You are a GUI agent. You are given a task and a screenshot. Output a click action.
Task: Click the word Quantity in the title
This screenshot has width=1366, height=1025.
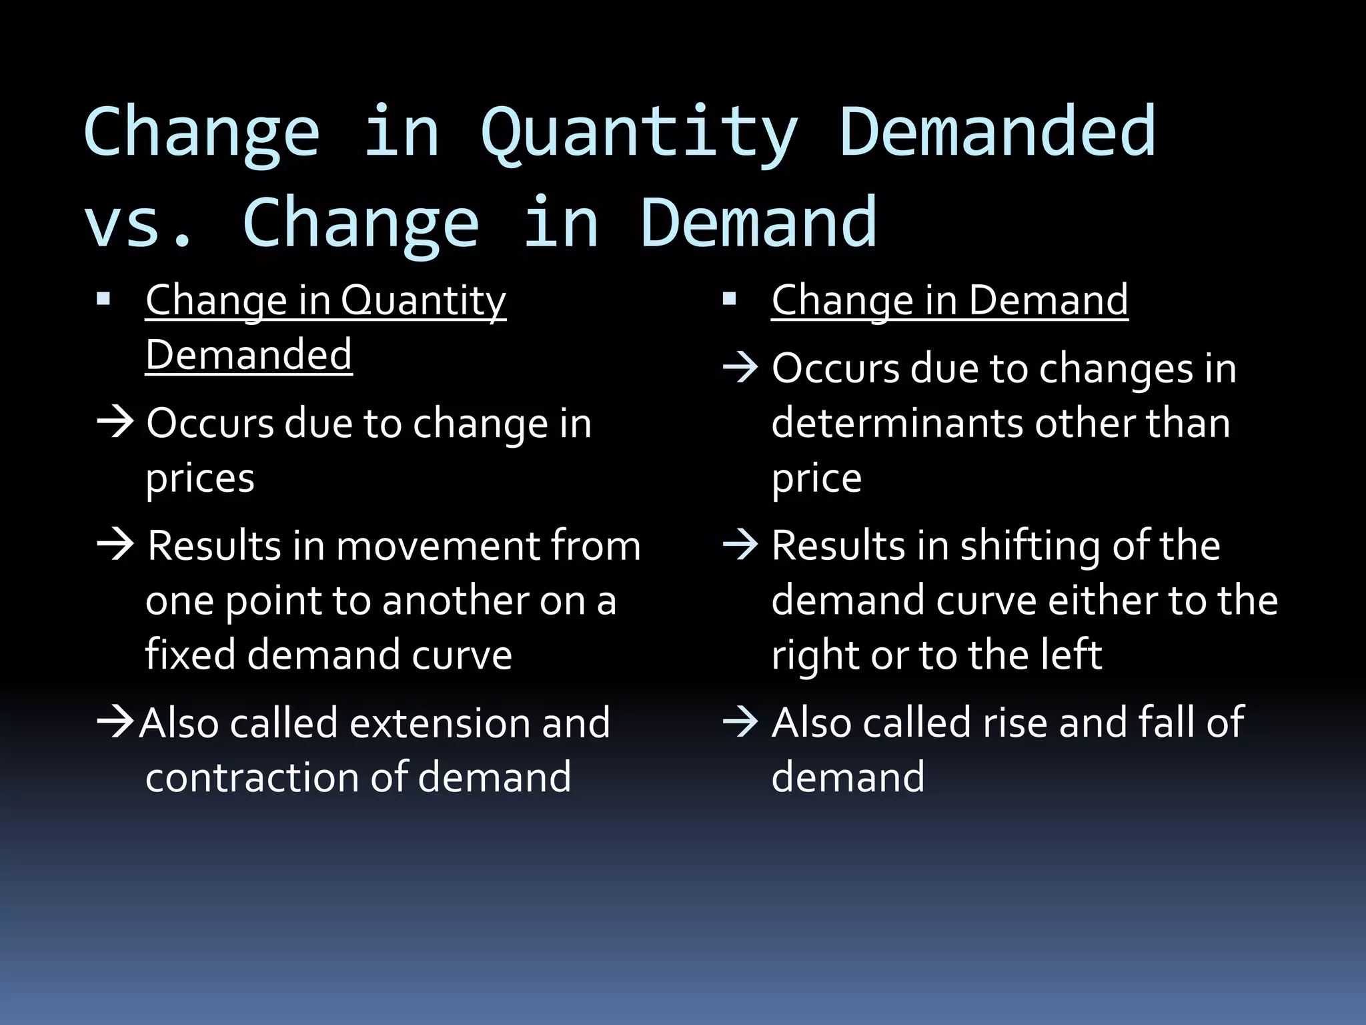[639, 133]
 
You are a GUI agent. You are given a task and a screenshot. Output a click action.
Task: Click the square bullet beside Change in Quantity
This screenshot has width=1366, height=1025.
[103, 298]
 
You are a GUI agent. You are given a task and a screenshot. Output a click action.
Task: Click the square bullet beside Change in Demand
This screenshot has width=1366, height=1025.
[729, 298]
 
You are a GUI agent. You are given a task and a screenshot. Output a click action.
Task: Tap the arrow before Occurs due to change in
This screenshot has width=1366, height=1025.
[115, 422]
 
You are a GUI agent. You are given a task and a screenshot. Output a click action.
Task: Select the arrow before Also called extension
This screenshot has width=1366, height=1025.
[115, 723]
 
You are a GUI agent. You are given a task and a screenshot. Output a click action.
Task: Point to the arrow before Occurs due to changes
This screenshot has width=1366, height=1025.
[740, 367]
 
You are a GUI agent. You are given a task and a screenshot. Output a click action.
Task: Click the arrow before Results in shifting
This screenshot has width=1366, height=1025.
[740, 544]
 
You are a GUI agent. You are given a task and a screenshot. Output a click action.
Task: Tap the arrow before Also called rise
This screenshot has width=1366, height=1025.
[740, 722]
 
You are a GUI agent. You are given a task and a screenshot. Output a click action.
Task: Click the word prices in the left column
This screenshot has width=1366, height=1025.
[200, 478]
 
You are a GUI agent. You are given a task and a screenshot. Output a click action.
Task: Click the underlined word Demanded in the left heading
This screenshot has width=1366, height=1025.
[249, 354]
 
